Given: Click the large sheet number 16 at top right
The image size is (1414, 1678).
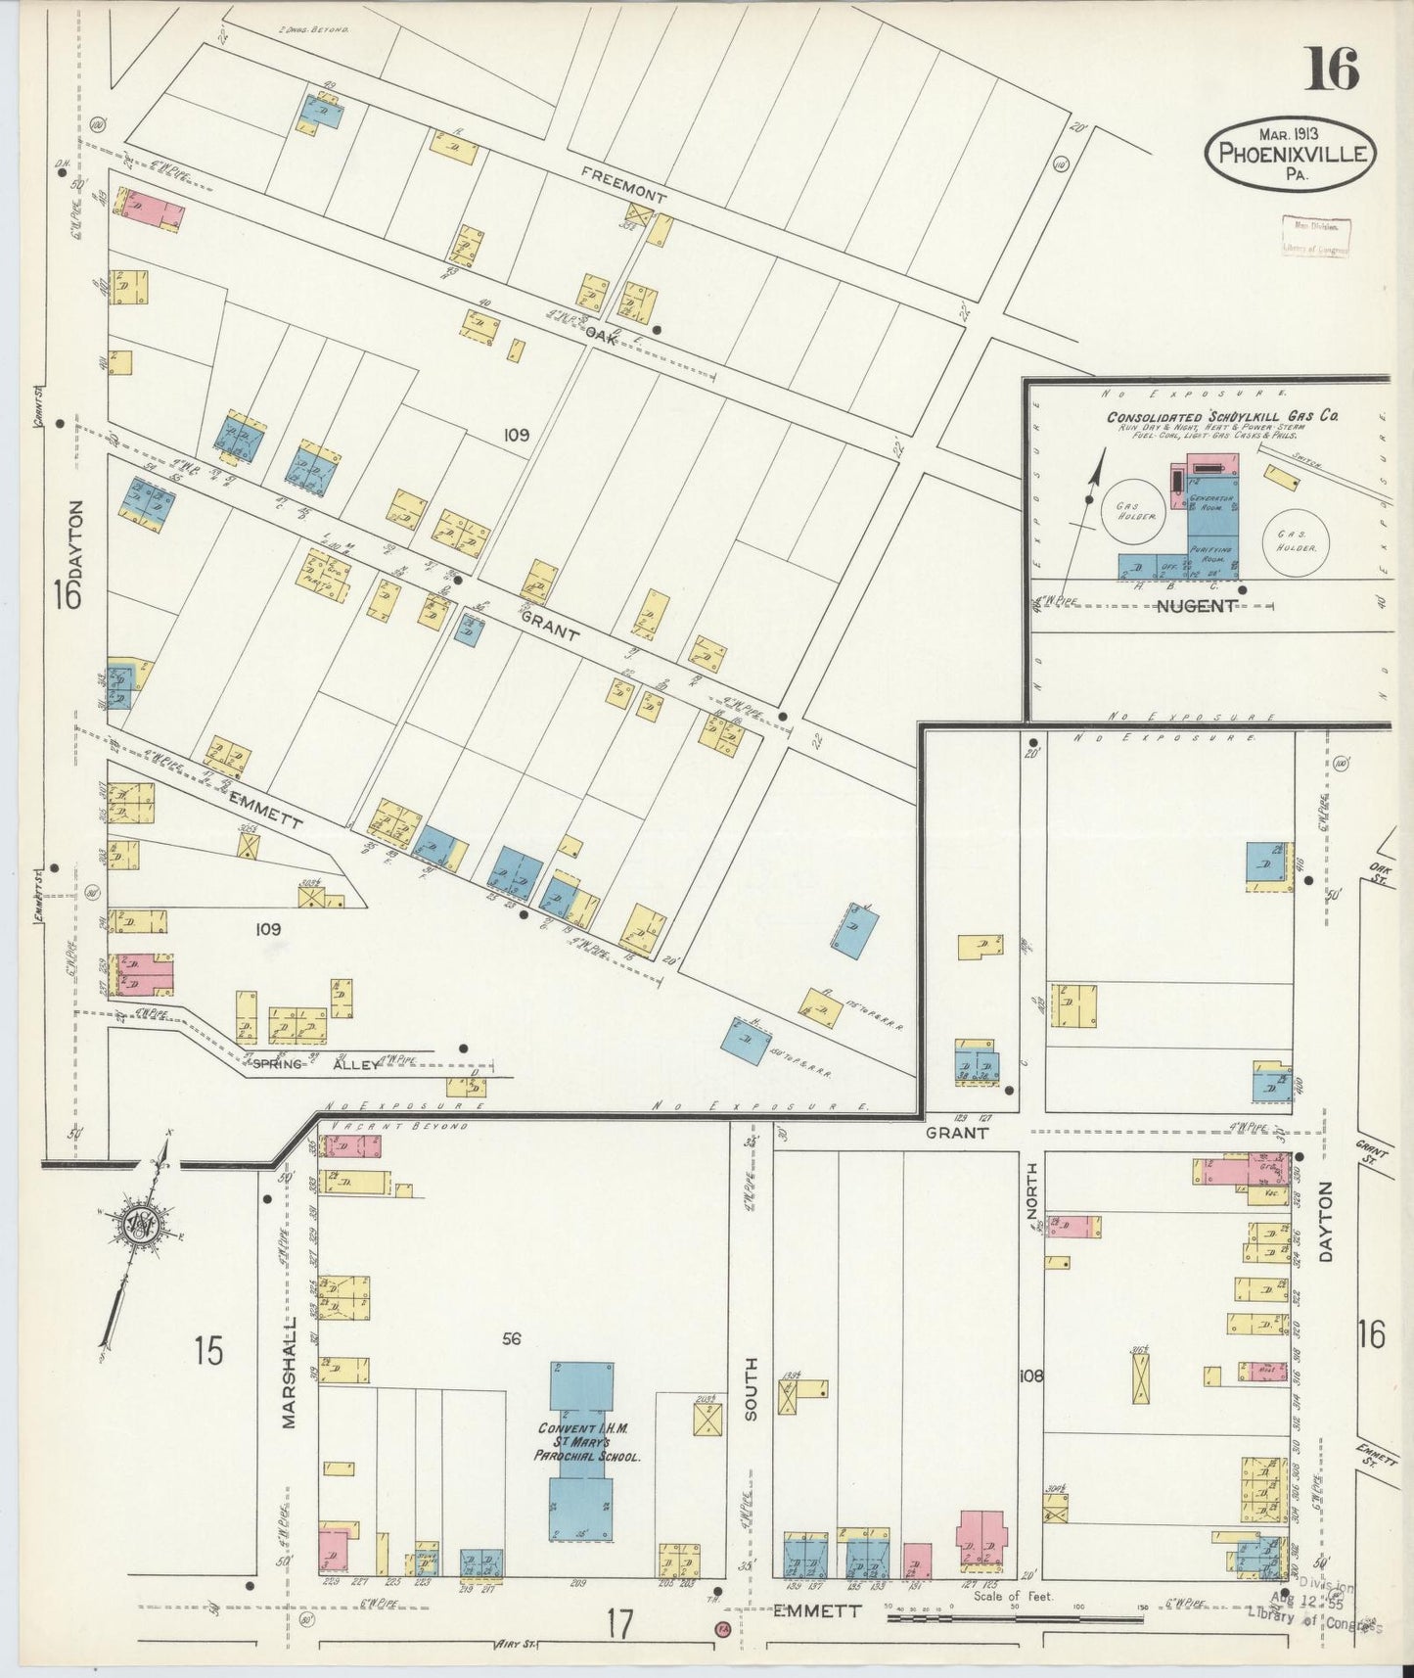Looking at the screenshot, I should [1332, 70].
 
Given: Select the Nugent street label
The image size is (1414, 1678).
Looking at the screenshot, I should [1196, 606].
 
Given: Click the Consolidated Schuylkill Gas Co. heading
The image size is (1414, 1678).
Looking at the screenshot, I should [1222, 416].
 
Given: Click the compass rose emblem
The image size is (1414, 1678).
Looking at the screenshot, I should [140, 1223].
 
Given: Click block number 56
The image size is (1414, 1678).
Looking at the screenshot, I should [511, 1338].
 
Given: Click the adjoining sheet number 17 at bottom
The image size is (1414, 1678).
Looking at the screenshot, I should [618, 1624].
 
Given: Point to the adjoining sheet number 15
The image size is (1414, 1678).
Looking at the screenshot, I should [207, 1351].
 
